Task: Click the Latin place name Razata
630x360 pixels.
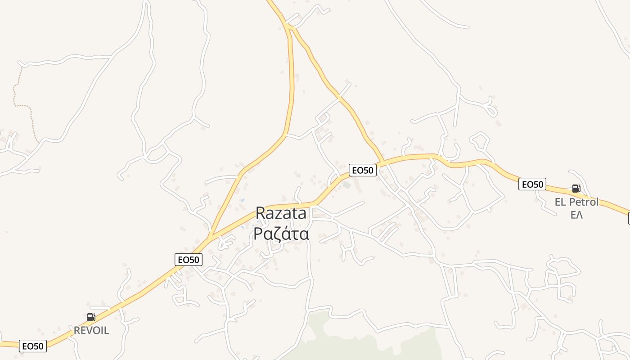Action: (281, 213)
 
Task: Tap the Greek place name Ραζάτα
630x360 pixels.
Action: (281, 234)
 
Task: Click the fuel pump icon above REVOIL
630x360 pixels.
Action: (91, 317)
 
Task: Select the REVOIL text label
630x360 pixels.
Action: (91, 331)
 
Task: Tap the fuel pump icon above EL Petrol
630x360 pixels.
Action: (576, 189)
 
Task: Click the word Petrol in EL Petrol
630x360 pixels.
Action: (584, 202)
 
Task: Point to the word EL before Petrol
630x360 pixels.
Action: (560, 202)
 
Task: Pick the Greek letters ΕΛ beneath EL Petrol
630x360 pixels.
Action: (576, 215)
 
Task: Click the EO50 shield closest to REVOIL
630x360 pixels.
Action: (33, 346)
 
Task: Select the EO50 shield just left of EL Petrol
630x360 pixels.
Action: (532, 184)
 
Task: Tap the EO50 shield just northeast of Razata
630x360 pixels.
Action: (362, 170)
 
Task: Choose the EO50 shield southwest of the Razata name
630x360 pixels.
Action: (188, 259)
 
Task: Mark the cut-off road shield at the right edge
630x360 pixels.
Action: (628, 219)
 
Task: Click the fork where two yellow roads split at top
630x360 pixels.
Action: (288, 26)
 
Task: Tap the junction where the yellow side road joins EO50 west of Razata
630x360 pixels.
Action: (210, 236)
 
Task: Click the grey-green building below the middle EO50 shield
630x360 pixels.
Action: (346, 185)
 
